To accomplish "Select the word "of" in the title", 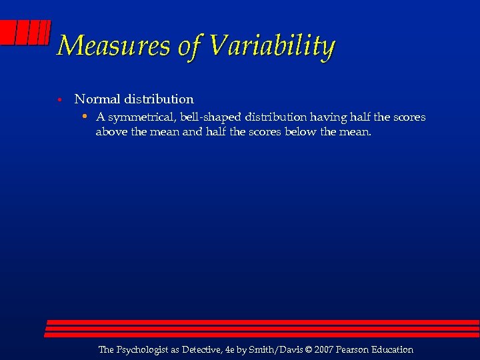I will [191, 46].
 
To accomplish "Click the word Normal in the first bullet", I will [96, 99].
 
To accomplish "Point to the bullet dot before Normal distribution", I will [59, 100].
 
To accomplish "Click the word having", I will [325, 117].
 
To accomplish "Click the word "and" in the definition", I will [193, 132].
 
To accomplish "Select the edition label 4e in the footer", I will [231, 349].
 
